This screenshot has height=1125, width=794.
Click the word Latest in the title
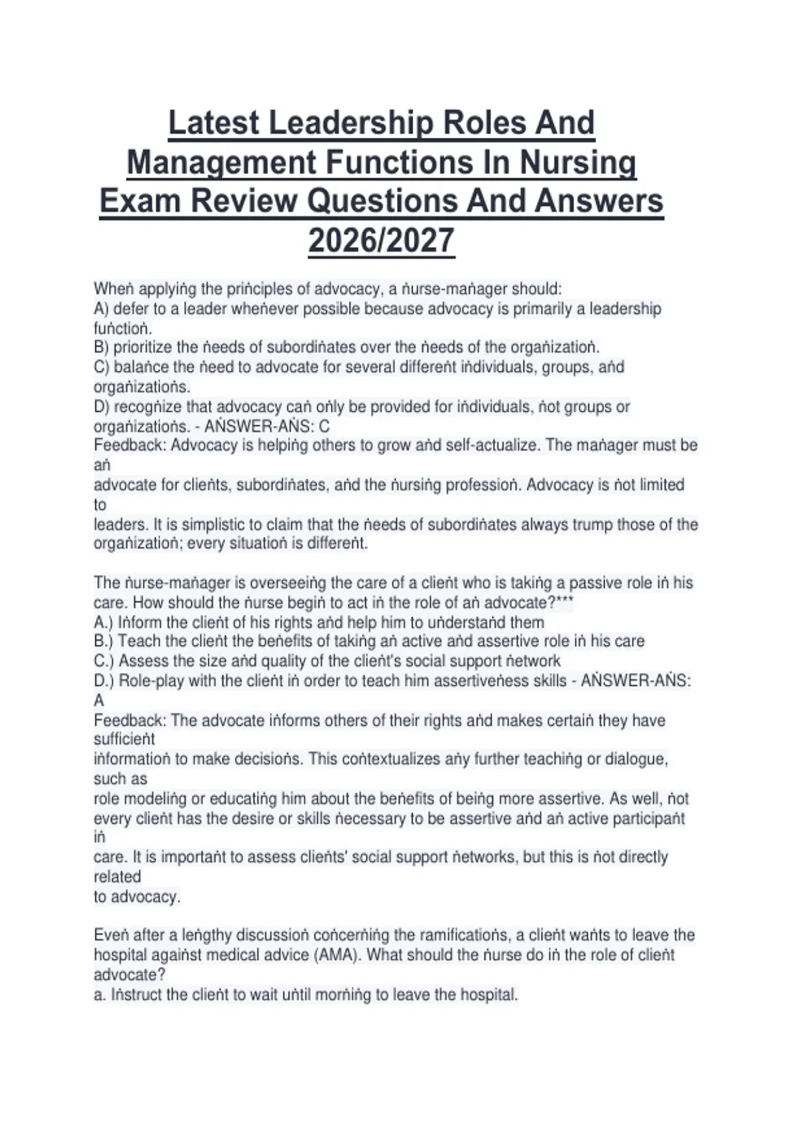214,123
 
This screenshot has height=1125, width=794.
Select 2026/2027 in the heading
381,240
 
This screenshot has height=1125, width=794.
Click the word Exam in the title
139,201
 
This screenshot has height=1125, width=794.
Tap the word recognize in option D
148,406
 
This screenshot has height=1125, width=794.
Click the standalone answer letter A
99,700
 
